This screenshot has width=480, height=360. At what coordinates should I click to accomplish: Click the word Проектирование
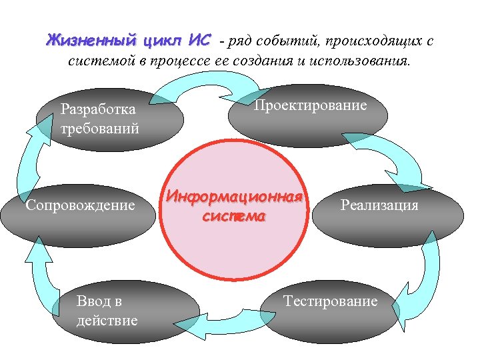pos(311,106)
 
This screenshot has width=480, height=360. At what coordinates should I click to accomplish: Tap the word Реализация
pos(379,205)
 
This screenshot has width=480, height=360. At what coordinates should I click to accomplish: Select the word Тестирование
pos(330,301)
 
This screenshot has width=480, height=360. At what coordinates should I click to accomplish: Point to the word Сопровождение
pos(79,205)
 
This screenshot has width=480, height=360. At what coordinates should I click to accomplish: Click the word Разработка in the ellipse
pos(97,109)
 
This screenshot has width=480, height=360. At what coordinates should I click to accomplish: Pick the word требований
pos(99,128)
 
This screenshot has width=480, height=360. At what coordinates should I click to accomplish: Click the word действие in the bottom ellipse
pos(107,321)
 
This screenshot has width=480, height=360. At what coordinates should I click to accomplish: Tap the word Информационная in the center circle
pos(235,198)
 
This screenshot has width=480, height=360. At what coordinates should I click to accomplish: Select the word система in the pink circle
pos(234,217)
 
